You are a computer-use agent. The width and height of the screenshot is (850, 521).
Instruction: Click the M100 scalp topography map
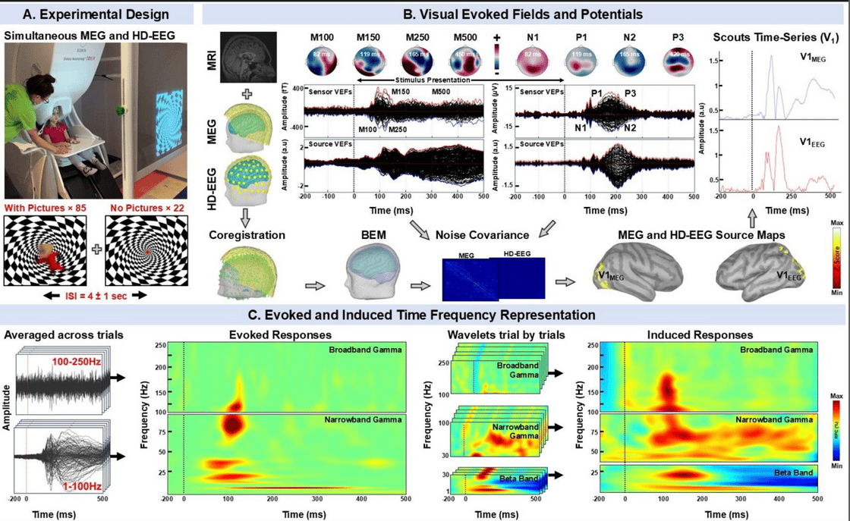tap(323, 61)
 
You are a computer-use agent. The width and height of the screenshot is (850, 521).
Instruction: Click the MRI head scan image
tap(247, 56)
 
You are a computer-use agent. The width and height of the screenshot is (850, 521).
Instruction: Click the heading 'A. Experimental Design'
tap(95, 13)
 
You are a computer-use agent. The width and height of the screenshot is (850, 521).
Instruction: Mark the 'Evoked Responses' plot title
tap(281, 334)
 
